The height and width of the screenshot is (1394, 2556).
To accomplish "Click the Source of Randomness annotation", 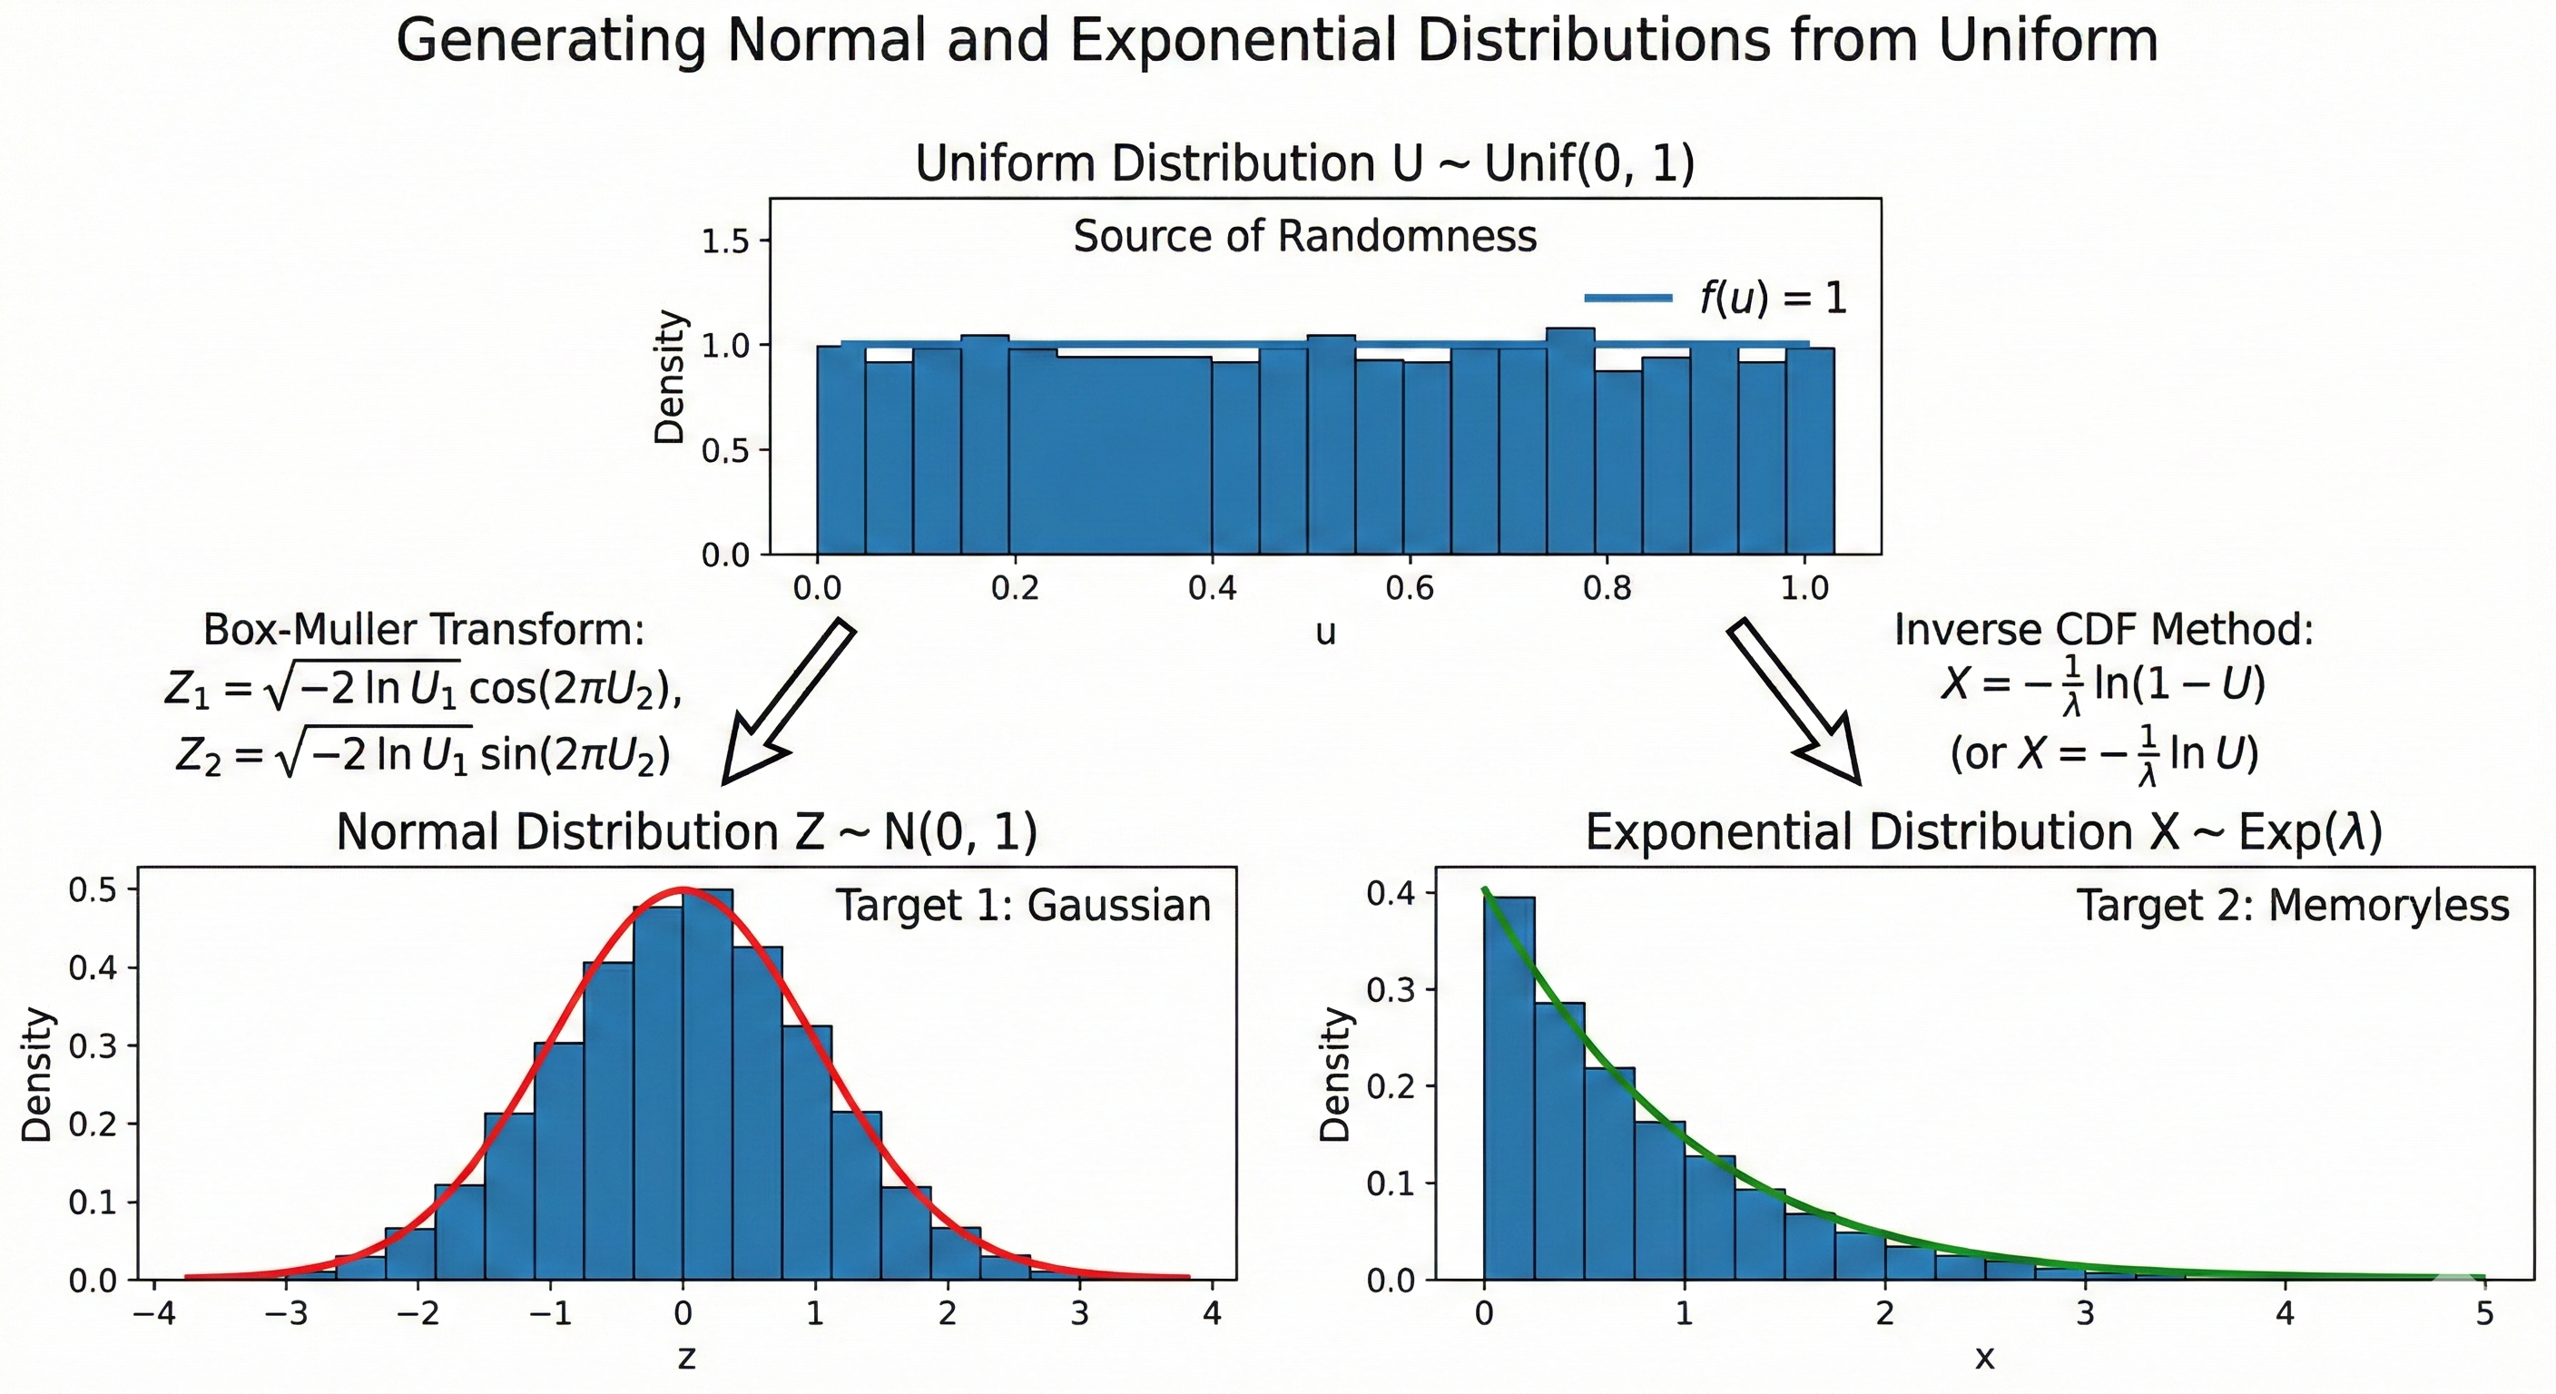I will [x=1305, y=237].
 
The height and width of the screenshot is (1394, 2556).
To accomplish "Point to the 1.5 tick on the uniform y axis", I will [x=726, y=241].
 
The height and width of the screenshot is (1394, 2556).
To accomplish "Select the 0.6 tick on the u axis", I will [x=1409, y=589].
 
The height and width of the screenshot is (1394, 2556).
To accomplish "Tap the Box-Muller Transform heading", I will [x=424, y=630].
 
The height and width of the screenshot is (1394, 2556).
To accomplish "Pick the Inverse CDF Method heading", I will [x=2104, y=630].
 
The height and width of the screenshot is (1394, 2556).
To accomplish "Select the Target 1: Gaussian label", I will [x=1023, y=906].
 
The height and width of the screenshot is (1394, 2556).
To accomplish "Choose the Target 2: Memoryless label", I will [x=2292, y=906].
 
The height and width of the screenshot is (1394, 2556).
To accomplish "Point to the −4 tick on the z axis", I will [x=153, y=1315].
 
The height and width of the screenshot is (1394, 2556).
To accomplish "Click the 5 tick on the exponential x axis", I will [x=2483, y=1315].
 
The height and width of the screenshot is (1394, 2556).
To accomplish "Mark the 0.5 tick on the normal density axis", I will [x=92, y=890].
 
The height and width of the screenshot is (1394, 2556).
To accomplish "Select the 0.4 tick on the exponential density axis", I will [x=1389, y=894].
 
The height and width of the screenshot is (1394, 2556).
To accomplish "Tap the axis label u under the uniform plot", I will [x=1325, y=633].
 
